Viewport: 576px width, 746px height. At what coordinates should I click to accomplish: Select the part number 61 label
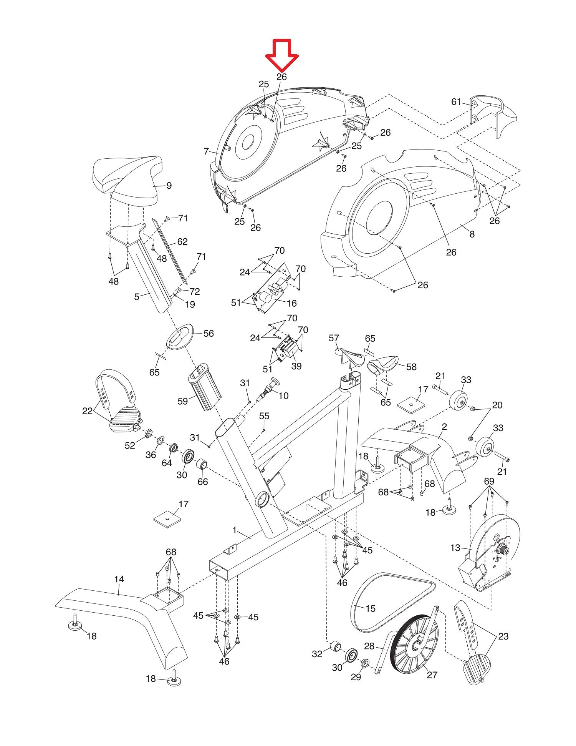tap(456, 102)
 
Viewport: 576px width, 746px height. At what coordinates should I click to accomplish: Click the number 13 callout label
tap(455, 548)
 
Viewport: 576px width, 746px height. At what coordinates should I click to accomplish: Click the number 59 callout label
tap(183, 401)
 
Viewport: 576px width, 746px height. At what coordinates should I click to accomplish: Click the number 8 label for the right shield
tap(472, 234)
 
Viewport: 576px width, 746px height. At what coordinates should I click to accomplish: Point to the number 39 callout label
tap(296, 366)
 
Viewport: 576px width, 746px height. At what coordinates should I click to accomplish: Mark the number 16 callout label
tap(292, 303)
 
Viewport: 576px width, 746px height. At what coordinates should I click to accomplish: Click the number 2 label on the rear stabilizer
tap(444, 427)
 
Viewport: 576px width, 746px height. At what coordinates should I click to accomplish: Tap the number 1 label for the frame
tap(235, 530)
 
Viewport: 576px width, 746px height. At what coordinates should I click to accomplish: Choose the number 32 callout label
tap(317, 653)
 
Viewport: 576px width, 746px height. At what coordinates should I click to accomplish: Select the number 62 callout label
tap(182, 241)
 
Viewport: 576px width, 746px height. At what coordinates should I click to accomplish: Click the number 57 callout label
tap(334, 338)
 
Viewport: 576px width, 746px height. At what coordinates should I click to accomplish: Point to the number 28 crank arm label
tap(369, 646)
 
